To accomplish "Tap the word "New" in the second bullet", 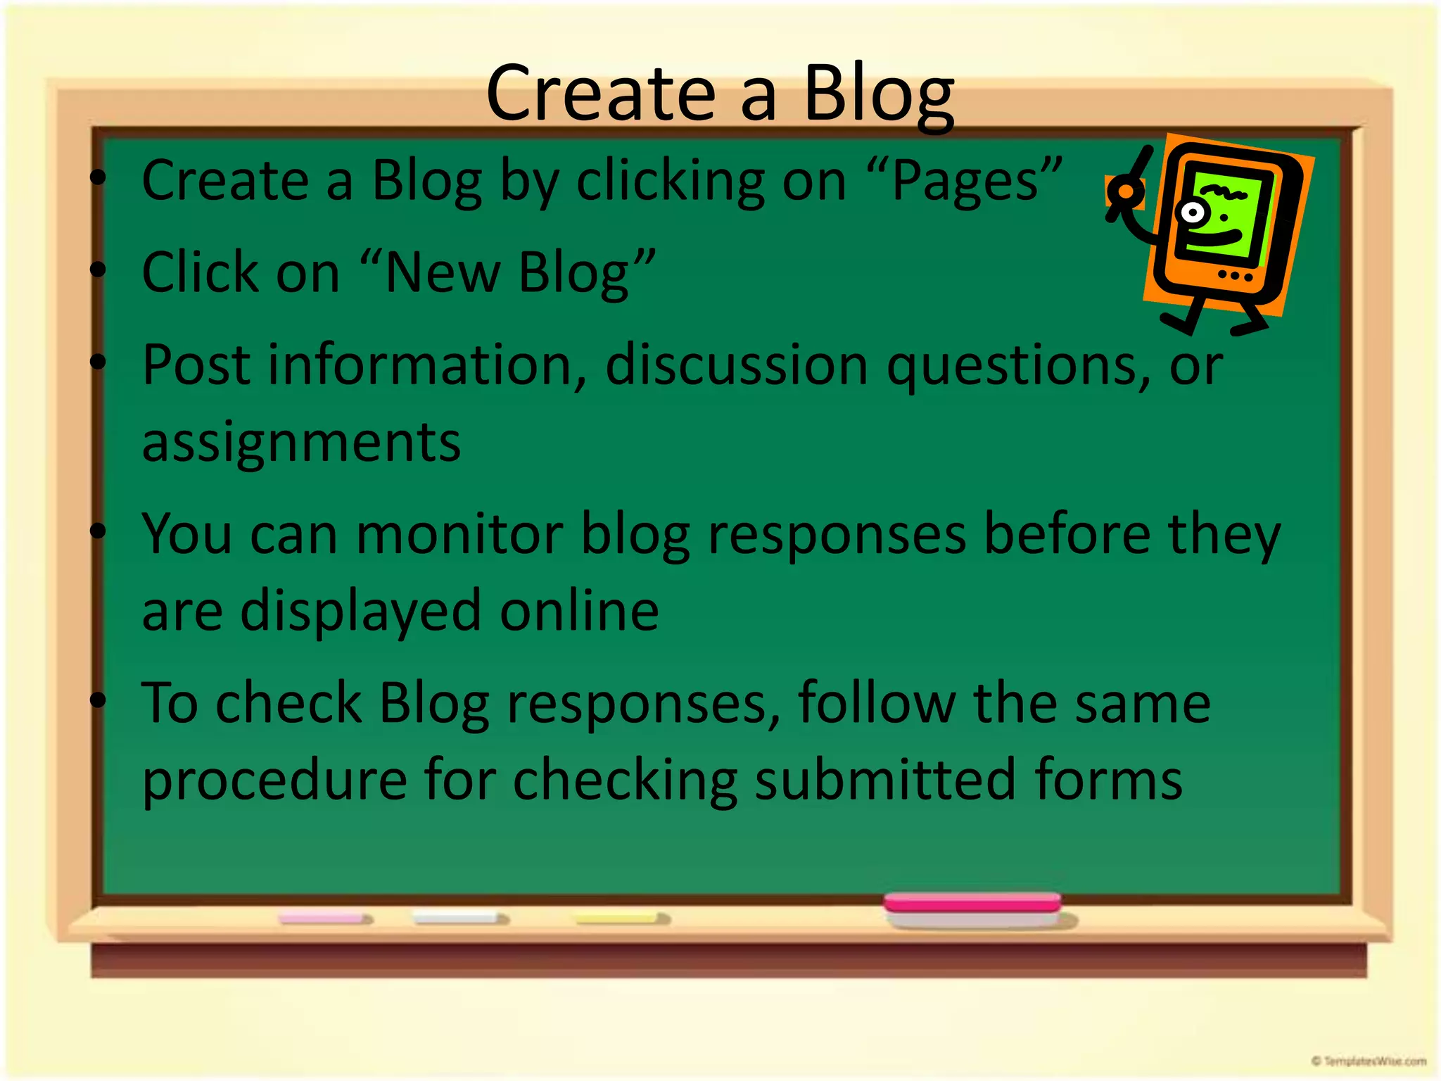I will click(443, 273).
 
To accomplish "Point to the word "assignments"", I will click(301, 443).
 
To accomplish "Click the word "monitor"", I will click(459, 534).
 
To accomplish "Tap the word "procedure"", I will click(275, 780).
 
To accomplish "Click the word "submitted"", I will click(885, 779).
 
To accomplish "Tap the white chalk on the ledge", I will click(459, 918).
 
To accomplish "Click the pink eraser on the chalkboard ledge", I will click(972, 904).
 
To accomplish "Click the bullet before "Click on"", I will click(98, 270).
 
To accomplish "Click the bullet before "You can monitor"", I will click(98, 531).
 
